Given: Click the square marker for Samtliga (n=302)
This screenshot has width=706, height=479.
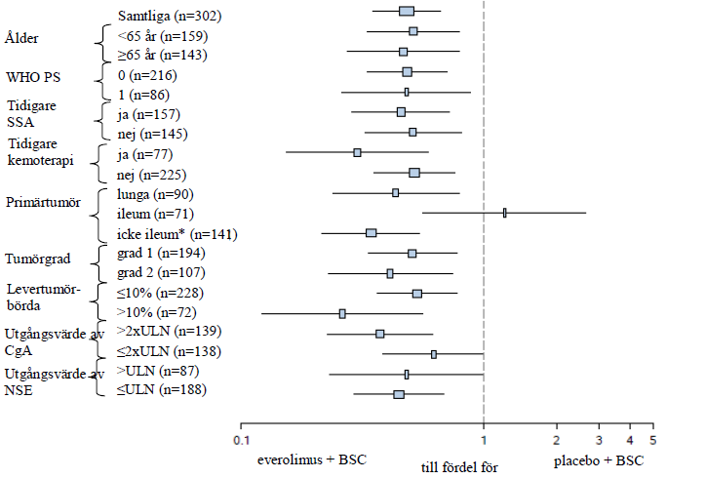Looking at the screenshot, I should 407,12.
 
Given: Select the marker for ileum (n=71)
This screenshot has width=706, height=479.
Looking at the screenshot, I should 504,213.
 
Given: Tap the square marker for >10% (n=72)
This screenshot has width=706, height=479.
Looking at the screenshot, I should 342,313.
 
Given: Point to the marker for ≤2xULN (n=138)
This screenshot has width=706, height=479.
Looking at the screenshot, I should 434,354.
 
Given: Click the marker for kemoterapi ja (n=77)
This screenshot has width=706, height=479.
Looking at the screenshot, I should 357,152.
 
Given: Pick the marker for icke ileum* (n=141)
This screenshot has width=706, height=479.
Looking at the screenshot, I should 371,233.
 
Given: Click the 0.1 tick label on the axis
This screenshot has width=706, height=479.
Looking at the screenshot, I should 241,439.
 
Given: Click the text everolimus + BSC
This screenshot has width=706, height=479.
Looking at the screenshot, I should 311,459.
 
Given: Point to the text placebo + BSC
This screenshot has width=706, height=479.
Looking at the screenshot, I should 599,459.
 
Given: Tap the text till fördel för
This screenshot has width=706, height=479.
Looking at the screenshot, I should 459,467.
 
